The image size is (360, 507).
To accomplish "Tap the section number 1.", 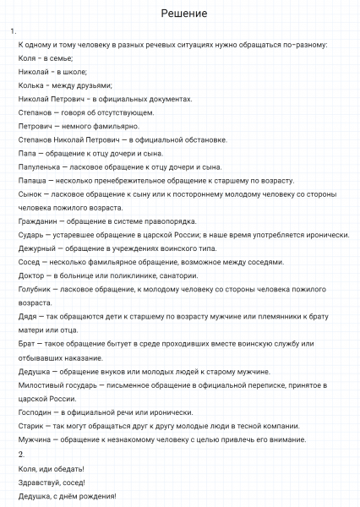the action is click(13, 30).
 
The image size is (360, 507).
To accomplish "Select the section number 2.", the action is click(22, 455).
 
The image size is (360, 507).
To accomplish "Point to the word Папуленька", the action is click(39, 166).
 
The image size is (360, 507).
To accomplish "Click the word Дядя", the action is click(28, 315).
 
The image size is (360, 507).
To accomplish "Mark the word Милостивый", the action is click(44, 384).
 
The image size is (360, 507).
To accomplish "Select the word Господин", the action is click(36, 412).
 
